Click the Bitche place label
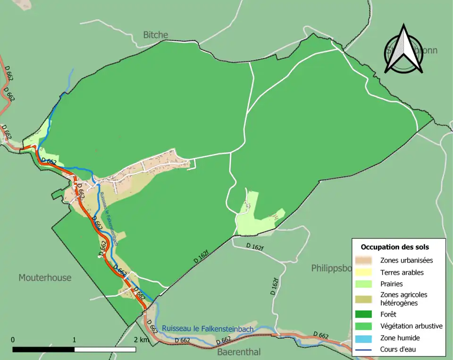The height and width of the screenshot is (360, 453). point(155,35)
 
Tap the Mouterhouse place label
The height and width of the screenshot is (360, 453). point(45,277)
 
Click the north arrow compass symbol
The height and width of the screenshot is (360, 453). point(403,50)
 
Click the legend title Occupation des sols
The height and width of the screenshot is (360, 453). point(395,247)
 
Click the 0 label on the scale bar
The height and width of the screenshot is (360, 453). point(13,340)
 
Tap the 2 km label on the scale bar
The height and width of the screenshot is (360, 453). point(141,340)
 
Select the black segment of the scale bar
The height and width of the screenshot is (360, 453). point(43,350)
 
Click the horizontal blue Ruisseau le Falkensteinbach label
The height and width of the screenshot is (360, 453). point(208,328)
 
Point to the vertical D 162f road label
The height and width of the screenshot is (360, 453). point(275,286)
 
